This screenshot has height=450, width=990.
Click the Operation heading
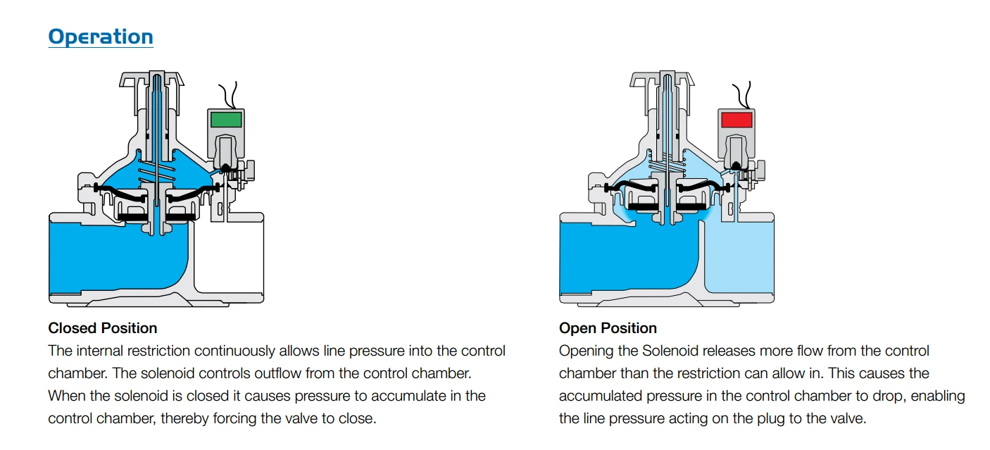pyautogui.click(x=101, y=37)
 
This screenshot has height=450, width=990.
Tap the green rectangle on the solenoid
pyautogui.click(x=226, y=120)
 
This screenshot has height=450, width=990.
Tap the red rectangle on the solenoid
pyautogui.click(x=737, y=120)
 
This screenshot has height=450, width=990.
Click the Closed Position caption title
pyautogui.click(x=103, y=328)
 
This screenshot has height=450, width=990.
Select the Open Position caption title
pyautogui.click(x=608, y=328)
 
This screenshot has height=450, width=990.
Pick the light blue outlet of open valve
pyautogui.click(x=739, y=257)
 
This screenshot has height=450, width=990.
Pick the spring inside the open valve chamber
pyautogui.click(x=667, y=169)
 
